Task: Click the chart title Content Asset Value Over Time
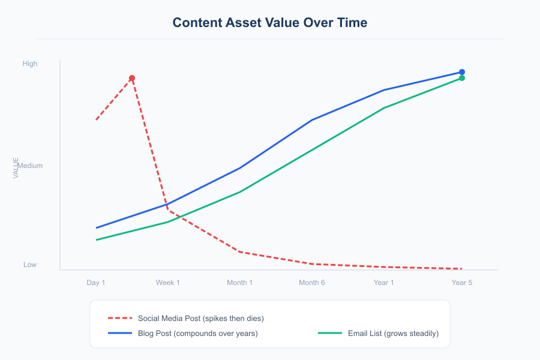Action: pos(270,23)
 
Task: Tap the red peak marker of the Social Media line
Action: pos(132,78)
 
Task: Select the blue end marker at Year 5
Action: pos(462,72)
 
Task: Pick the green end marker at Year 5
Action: pos(462,78)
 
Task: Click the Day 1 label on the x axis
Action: pos(96,283)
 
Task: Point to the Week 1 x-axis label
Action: pos(168,283)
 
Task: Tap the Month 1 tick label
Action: pos(240,283)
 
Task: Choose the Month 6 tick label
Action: pos(312,283)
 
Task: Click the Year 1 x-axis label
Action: pos(384,283)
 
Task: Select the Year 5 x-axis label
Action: pos(462,283)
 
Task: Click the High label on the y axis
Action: pos(30,64)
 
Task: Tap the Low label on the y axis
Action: pos(30,265)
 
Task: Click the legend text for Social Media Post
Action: pos(200,318)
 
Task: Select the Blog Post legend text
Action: pos(197,333)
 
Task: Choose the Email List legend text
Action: pos(393,333)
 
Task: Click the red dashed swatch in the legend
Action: pos(119,318)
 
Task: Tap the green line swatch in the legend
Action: pos(329,333)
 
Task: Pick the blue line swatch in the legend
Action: pos(119,333)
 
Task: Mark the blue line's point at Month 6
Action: pos(312,120)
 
